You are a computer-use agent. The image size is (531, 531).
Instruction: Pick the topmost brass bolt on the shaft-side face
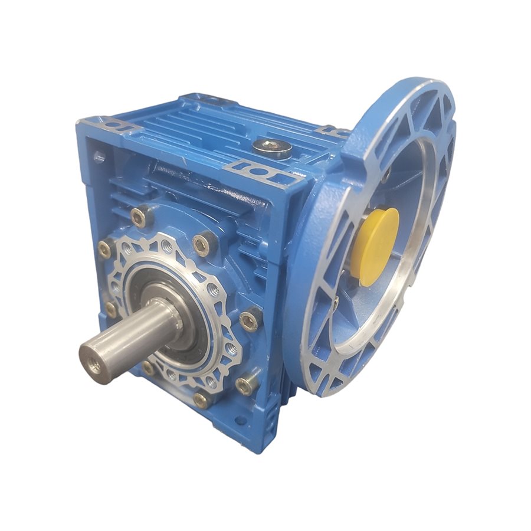[141, 217]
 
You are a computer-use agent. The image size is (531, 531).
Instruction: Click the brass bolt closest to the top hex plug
[202, 243]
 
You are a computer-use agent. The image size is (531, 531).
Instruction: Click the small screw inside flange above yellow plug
[386, 175]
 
